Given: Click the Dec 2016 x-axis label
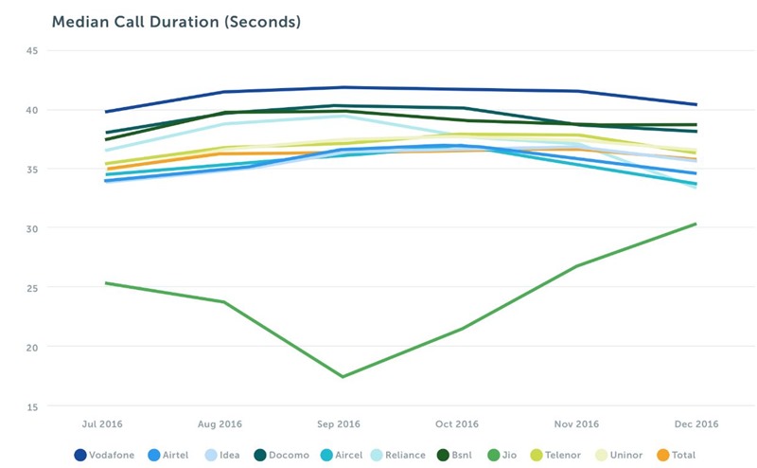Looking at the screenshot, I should pyautogui.click(x=695, y=423).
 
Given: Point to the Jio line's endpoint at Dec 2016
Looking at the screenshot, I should pyautogui.click(x=695, y=224).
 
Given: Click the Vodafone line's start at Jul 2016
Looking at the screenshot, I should pyautogui.click(x=106, y=112).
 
